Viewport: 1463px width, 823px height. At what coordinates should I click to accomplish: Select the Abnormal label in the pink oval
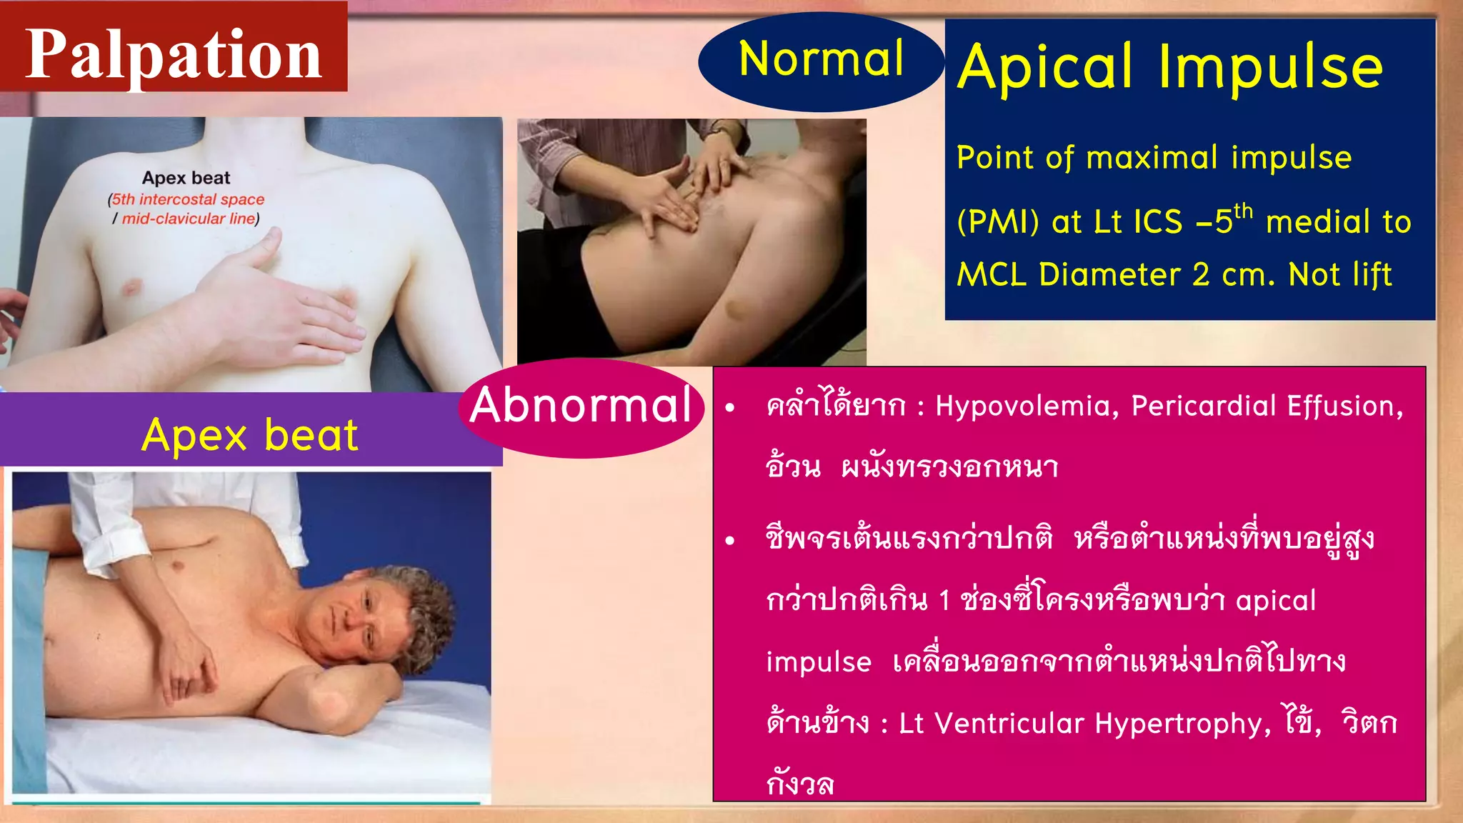[581, 406]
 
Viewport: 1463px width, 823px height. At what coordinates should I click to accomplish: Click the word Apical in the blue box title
[1045, 67]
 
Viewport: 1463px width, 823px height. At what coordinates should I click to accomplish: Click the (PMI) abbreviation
[998, 222]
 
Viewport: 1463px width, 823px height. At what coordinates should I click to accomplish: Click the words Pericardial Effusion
[1267, 406]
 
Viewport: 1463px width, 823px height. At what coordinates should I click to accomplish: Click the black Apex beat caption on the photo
[186, 178]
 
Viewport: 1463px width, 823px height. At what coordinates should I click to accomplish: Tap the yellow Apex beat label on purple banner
[250, 435]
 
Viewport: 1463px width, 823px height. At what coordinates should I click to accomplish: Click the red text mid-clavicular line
[189, 219]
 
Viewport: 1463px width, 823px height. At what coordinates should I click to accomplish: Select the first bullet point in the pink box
[729, 408]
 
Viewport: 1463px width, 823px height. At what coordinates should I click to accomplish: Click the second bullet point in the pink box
[729, 541]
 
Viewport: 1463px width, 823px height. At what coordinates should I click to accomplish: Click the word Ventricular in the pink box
[1009, 724]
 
